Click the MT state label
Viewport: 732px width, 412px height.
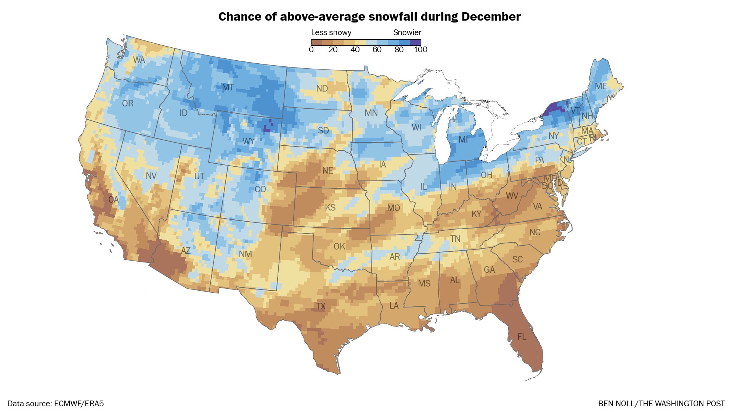(x=228, y=87)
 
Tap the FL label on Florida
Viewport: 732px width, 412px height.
(x=522, y=337)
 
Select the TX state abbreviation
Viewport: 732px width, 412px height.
(x=321, y=306)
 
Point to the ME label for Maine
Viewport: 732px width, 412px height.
(x=601, y=86)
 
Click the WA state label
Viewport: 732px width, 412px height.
(x=139, y=60)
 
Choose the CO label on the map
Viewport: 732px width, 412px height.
(x=260, y=189)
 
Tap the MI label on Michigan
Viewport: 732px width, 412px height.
(x=463, y=140)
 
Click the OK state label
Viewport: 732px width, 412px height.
(x=339, y=246)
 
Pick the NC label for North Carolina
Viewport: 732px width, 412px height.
(x=535, y=232)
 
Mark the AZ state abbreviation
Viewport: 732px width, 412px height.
(x=186, y=251)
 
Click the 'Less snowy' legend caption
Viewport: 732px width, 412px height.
(x=331, y=32)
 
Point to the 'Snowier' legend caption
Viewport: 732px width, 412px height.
(x=407, y=32)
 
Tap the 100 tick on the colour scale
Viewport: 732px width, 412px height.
(x=421, y=50)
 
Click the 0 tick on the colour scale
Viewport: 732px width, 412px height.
(x=311, y=50)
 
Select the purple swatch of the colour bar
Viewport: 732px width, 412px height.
(x=416, y=42)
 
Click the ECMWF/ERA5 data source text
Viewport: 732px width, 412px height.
(x=79, y=404)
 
